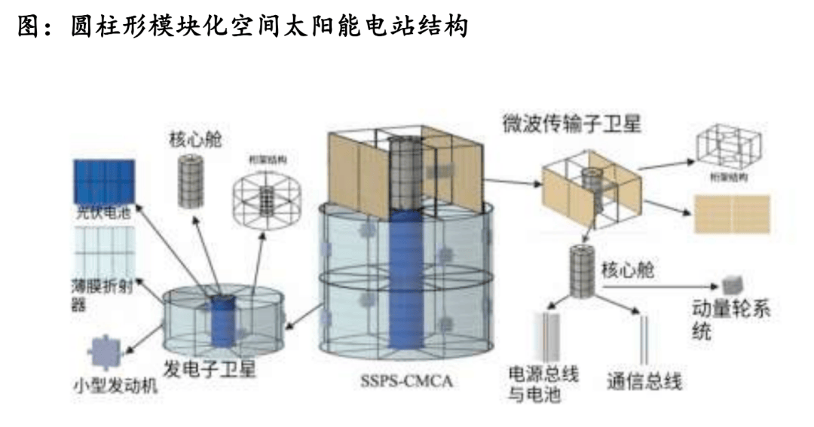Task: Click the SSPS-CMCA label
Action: pyautogui.click(x=408, y=381)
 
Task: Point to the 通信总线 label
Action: pyautogui.click(x=644, y=382)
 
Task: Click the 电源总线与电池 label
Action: pyautogui.click(x=543, y=383)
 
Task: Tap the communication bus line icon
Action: pyautogui.click(x=645, y=340)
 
